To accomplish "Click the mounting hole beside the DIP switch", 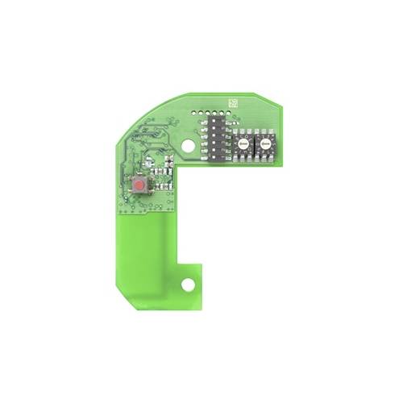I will point(189,147).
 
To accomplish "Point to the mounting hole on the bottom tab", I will point(188,285).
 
